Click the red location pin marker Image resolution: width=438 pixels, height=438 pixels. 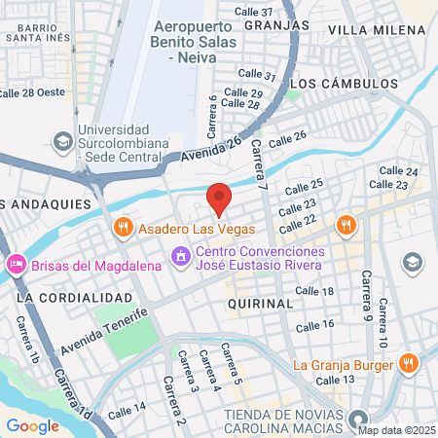pyautogui.click(x=219, y=198)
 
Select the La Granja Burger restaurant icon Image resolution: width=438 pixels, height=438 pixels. pyautogui.click(x=408, y=365)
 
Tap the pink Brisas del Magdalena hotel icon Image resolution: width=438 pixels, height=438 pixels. pyautogui.click(x=16, y=264)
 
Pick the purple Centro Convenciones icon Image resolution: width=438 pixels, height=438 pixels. pyautogui.click(x=180, y=256)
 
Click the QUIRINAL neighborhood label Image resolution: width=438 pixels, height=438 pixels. pyautogui.click(x=260, y=304)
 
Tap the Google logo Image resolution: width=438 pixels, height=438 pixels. pyautogui.click(x=32, y=425)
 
